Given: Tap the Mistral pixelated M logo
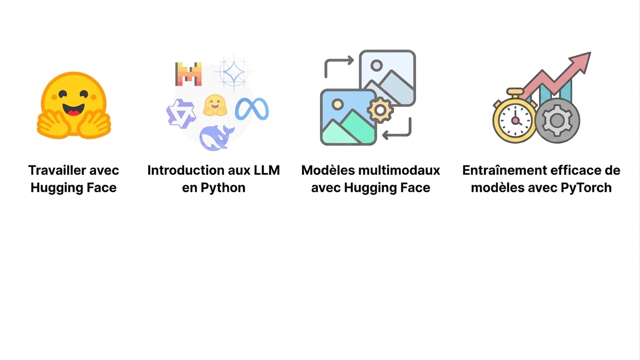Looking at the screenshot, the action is tap(188, 74).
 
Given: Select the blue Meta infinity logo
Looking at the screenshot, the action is tap(252, 109).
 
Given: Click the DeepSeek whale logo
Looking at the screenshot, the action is tap(217, 138).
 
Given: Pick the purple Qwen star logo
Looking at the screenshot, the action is tap(181, 113).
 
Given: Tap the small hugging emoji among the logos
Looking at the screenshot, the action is tap(215, 105).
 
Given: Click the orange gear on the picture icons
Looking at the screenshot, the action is tap(380, 110).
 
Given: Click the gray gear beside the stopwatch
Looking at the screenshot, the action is tap(557, 120).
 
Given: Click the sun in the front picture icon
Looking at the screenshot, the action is tap(338, 104).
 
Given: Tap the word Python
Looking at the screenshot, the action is tap(223, 188).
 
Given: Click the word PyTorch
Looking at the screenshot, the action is tap(586, 188).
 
